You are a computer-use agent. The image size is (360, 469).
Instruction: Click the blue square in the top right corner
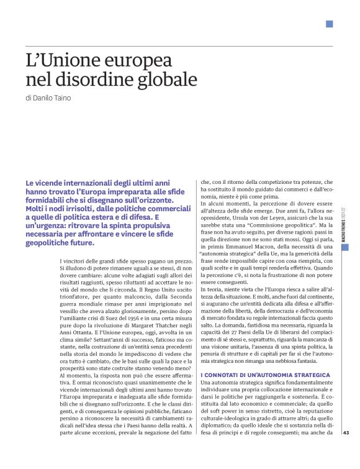tap(329, 24)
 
